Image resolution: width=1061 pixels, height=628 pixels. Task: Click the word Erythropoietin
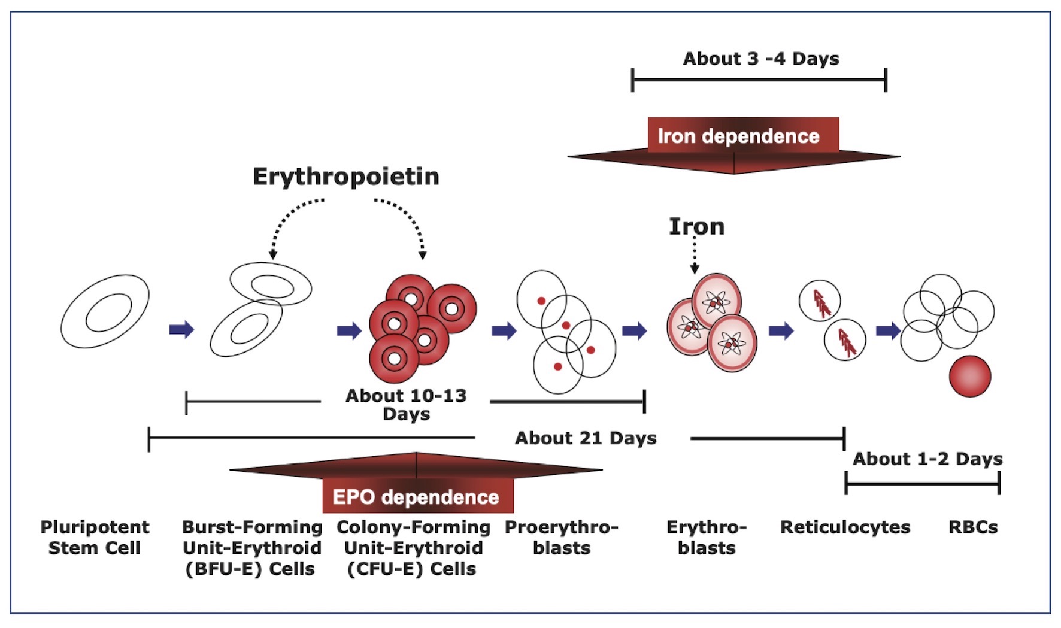click(346, 177)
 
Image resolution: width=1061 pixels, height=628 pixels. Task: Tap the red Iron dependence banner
click(738, 136)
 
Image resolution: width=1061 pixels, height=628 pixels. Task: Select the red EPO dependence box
click(417, 496)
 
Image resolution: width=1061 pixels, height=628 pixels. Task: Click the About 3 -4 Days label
click(760, 59)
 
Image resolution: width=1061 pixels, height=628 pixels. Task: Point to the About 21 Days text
click(585, 438)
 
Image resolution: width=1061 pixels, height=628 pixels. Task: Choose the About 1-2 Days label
click(927, 459)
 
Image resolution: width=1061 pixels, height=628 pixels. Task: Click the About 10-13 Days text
click(406, 405)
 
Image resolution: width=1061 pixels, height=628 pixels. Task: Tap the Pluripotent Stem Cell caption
click(95, 537)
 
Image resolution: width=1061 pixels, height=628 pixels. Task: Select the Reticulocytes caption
click(845, 527)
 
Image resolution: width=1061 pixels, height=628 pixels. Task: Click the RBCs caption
click(973, 527)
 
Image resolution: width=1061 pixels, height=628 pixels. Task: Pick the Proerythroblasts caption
click(562, 537)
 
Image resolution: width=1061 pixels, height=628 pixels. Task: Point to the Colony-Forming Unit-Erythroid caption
click(413, 547)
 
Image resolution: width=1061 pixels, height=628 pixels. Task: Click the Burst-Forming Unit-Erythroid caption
click(251, 547)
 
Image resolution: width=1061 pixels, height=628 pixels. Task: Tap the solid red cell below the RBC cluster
click(969, 376)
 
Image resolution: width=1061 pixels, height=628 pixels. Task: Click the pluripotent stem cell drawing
click(105, 311)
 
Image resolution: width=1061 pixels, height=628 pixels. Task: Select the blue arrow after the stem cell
click(181, 330)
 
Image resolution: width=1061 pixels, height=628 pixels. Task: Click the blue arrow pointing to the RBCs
click(888, 330)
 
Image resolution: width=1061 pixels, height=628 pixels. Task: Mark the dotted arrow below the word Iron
click(695, 254)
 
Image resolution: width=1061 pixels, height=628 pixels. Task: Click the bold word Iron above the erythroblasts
click(696, 226)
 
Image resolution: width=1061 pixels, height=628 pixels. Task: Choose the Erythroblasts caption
click(707, 537)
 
